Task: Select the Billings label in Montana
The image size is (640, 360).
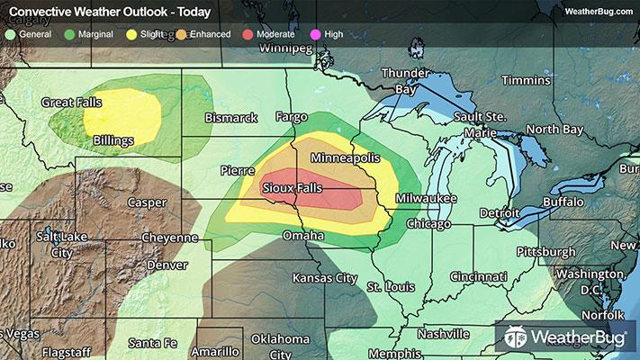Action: coord(113,140)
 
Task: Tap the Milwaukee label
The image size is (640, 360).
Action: coord(425,198)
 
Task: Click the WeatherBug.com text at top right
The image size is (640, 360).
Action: coord(599,11)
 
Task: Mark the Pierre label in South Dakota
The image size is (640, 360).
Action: coord(238,169)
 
